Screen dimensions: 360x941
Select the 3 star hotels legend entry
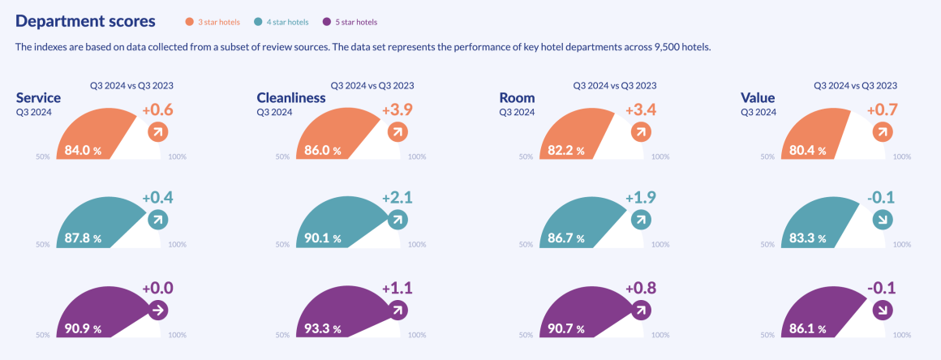[218, 22]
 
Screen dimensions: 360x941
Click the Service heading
[38, 98]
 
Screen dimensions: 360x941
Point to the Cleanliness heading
[291, 98]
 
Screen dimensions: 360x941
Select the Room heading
[517, 98]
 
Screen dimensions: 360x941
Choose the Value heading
[758, 98]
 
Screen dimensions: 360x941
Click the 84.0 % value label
[83, 150]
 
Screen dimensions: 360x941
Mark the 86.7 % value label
[565, 238]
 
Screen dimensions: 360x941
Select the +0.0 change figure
[157, 288]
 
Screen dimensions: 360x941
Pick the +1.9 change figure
[641, 198]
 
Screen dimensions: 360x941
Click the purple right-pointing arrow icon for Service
[157, 309]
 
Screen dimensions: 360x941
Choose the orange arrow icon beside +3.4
[640, 131]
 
